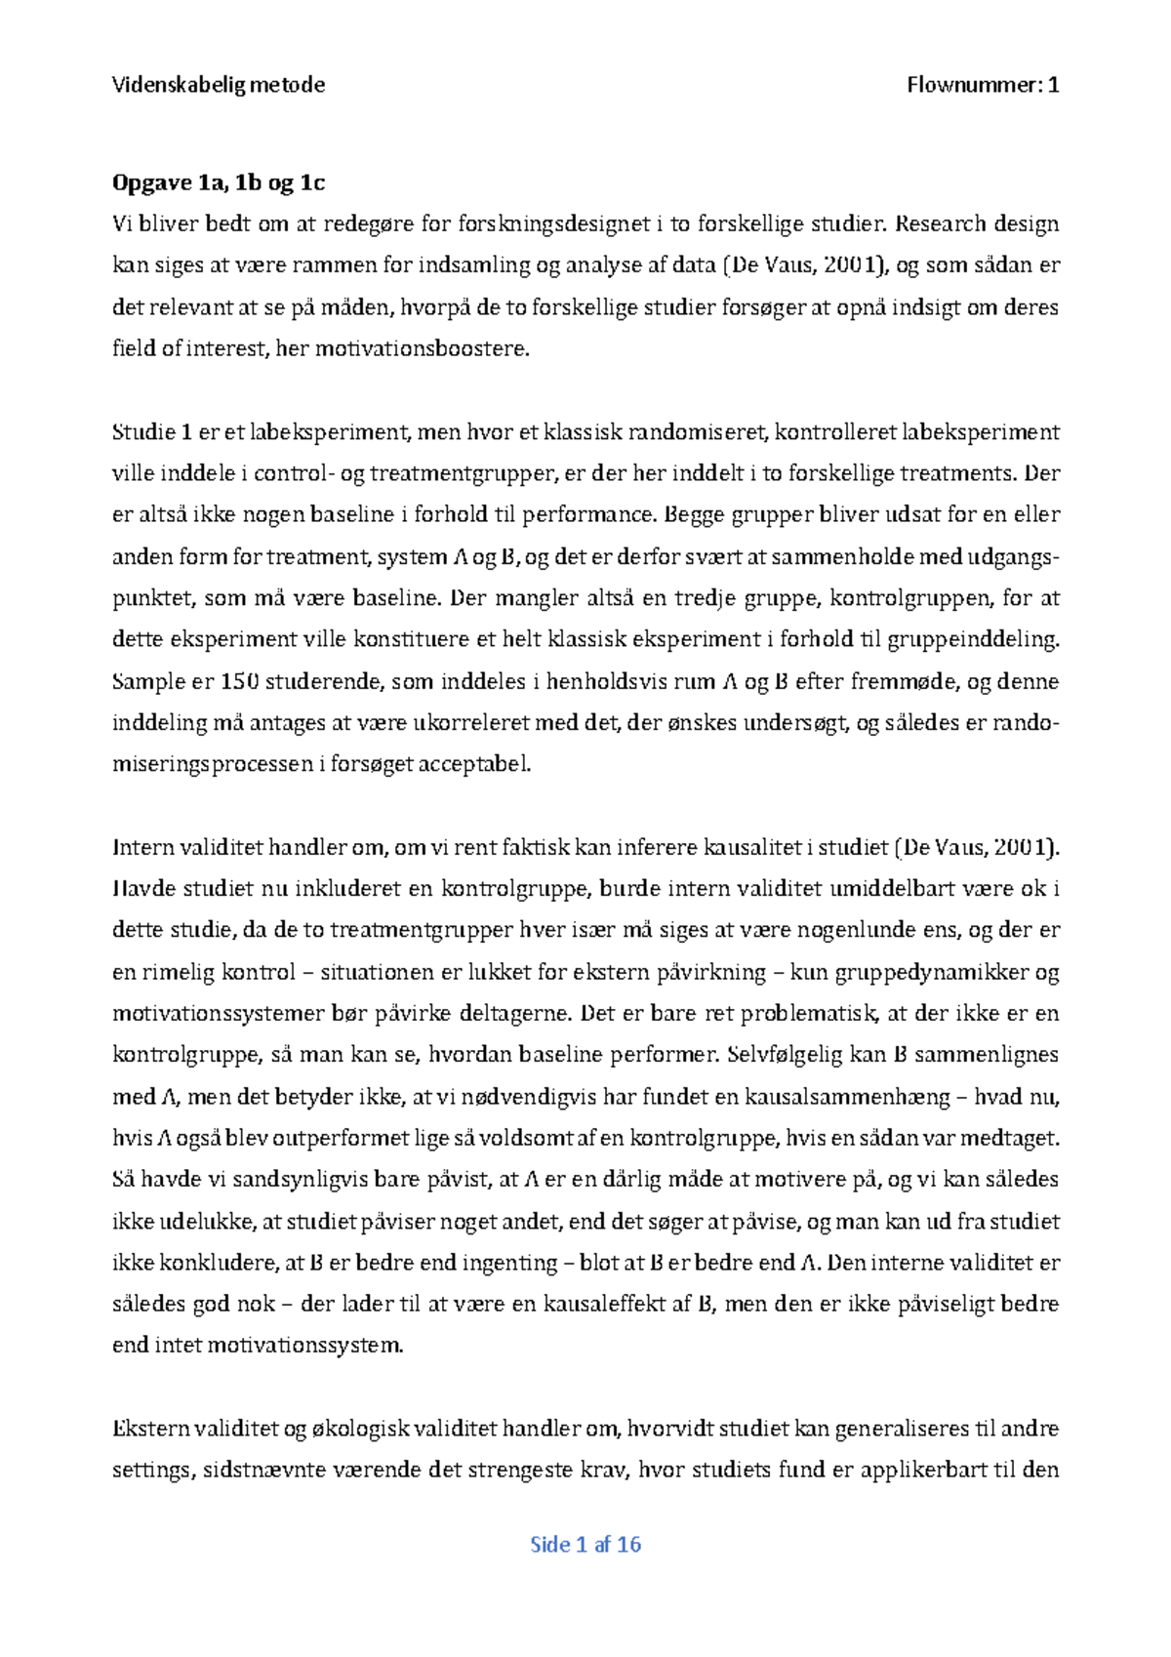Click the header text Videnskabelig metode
coord(219,85)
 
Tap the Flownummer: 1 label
coord(983,85)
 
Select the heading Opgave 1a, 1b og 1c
coord(219,182)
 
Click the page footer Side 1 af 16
coord(585,1544)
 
